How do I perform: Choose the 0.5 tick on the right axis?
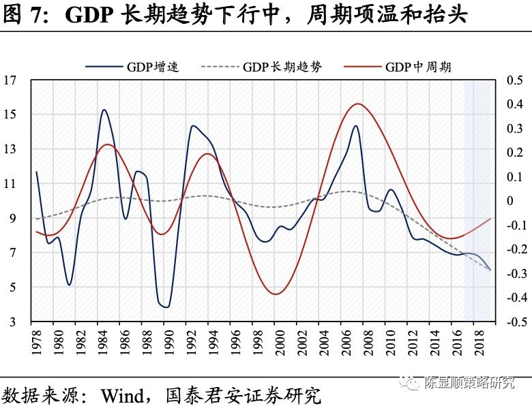pyautogui.click(x=514, y=80)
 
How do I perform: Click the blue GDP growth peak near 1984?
pyautogui.click(x=104, y=110)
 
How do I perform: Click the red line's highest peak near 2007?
pyautogui.click(x=358, y=104)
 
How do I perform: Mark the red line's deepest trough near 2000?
pyautogui.click(x=276, y=294)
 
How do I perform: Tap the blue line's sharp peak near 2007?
pyautogui.click(x=355, y=125)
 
